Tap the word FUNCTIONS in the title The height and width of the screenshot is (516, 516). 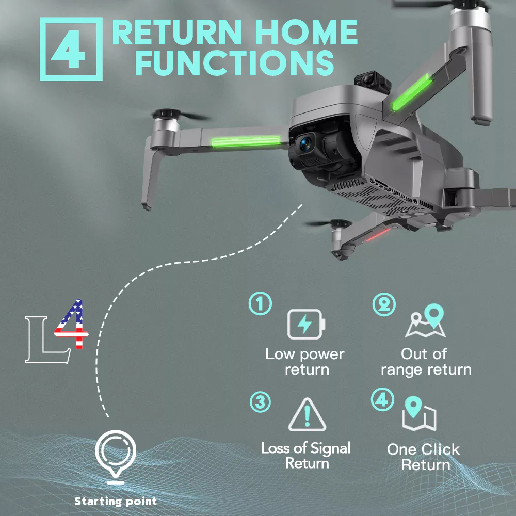[x=234, y=62]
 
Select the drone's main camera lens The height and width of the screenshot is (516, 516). [x=305, y=143]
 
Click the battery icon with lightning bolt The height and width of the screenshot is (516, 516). [x=307, y=325]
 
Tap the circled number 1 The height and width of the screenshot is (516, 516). [x=261, y=304]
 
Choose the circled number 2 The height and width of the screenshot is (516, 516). [x=384, y=304]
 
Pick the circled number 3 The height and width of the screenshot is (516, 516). [x=261, y=402]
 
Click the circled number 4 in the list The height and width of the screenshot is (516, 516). [x=383, y=400]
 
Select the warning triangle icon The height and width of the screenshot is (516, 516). [x=307, y=416]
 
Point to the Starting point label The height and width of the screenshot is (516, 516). [x=116, y=501]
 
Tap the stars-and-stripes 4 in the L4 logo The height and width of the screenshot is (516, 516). [x=72, y=325]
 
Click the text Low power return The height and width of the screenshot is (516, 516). [x=305, y=362]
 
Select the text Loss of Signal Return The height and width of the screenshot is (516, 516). [x=306, y=455]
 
